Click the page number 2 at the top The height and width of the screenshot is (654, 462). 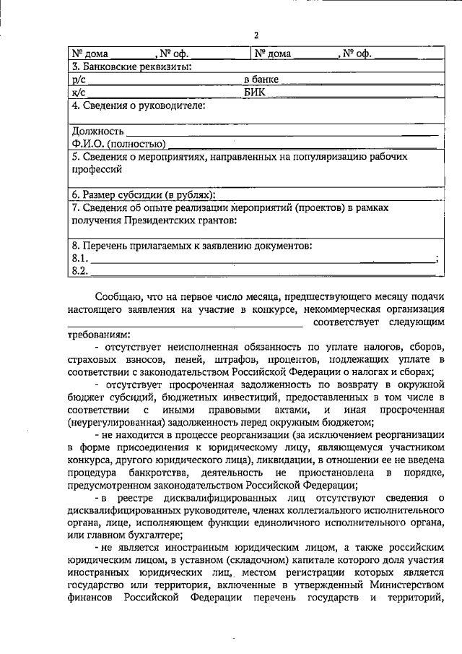[x=256, y=36]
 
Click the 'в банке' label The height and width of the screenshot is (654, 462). [x=261, y=79]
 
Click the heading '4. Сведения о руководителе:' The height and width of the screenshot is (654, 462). [x=138, y=106]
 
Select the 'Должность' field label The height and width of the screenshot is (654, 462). [x=97, y=132]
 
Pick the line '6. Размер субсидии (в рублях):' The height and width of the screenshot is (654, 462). [x=144, y=195]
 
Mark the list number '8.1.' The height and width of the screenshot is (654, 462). [x=80, y=258]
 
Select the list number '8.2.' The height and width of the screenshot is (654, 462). [x=80, y=270]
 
